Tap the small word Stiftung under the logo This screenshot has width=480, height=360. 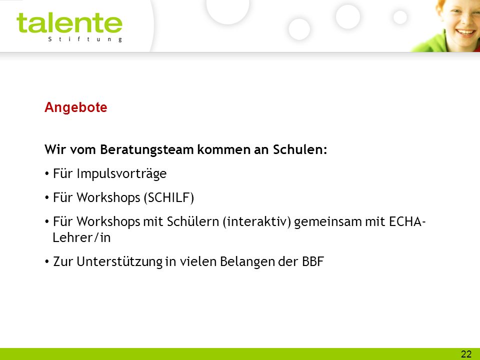pyautogui.click(x=85, y=39)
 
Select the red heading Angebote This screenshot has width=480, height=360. pyautogui.click(x=76, y=107)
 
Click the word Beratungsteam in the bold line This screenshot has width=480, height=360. pyautogui.click(x=147, y=149)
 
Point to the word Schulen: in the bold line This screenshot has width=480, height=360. pyautogui.click(x=300, y=149)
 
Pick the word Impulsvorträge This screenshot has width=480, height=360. pyautogui.click(x=121, y=173)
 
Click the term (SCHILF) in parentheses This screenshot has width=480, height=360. pyautogui.click(x=168, y=197)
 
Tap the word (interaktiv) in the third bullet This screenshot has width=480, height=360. pyautogui.click(x=257, y=221)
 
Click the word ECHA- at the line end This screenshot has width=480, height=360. pyautogui.click(x=407, y=221)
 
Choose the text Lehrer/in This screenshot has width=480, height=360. pyautogui.click(x=81, y=237)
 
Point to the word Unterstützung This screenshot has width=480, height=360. pyautogui.click(x=119, y=261)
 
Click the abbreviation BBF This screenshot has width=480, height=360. pyautogui.click(x=313, y=261)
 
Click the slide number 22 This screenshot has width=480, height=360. pyautogui.click(x=466, y=354)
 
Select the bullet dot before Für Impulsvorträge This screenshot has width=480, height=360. pyautogui.click(x=47, y=174)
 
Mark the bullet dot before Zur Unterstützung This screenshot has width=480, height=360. pyautogui.click(x=47, y=262)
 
